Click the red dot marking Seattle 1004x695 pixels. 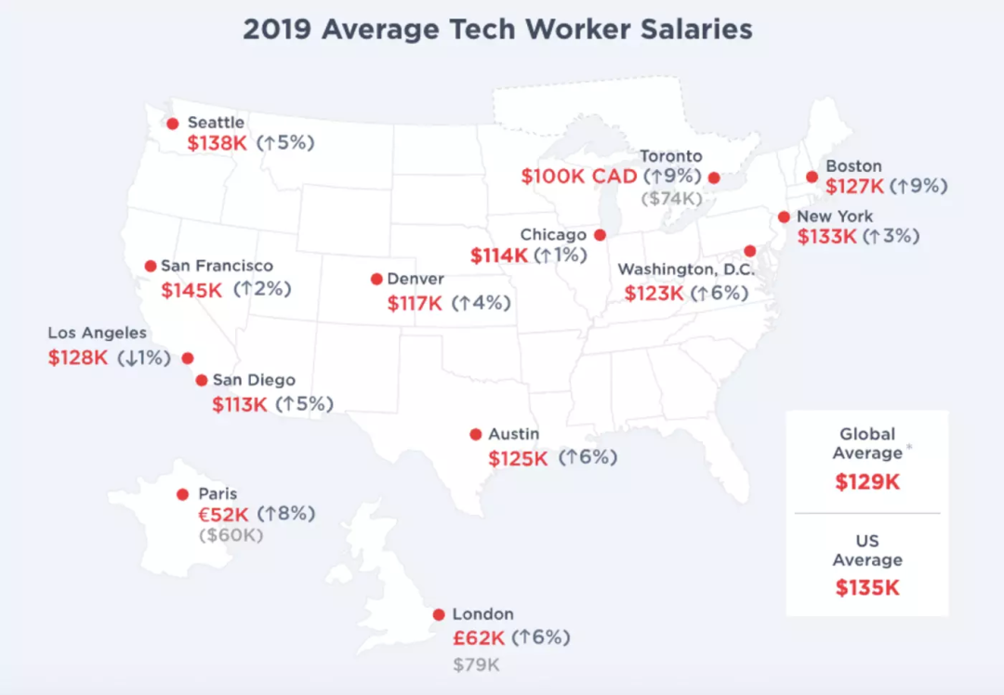[x=172, y=123]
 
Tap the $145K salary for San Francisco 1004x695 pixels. [x=192, y=290]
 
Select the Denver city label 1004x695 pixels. [x=416, y=279]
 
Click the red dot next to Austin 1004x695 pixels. [x=476, y=434]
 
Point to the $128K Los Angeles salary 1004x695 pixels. [x=78, y=357]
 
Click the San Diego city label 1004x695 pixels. [x=254, y=380]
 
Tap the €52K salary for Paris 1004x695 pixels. [x=224, y=513]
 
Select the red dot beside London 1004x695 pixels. [x=439, y=614]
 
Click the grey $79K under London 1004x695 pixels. [x=476, y=664]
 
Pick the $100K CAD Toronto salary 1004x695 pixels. [x=579, y=177]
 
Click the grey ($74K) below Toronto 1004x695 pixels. [x=670, y=198]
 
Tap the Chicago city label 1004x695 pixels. [x=553, y=235]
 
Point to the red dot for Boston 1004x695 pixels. [x=812, y=177]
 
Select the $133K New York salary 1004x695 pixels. [x=827, y=236]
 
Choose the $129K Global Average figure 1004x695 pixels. [x=866, y=482]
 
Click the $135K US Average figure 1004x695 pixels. [x=866, y=587]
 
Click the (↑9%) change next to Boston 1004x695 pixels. [x=918, y=186]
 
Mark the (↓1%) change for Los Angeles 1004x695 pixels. [x=144, y=357]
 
